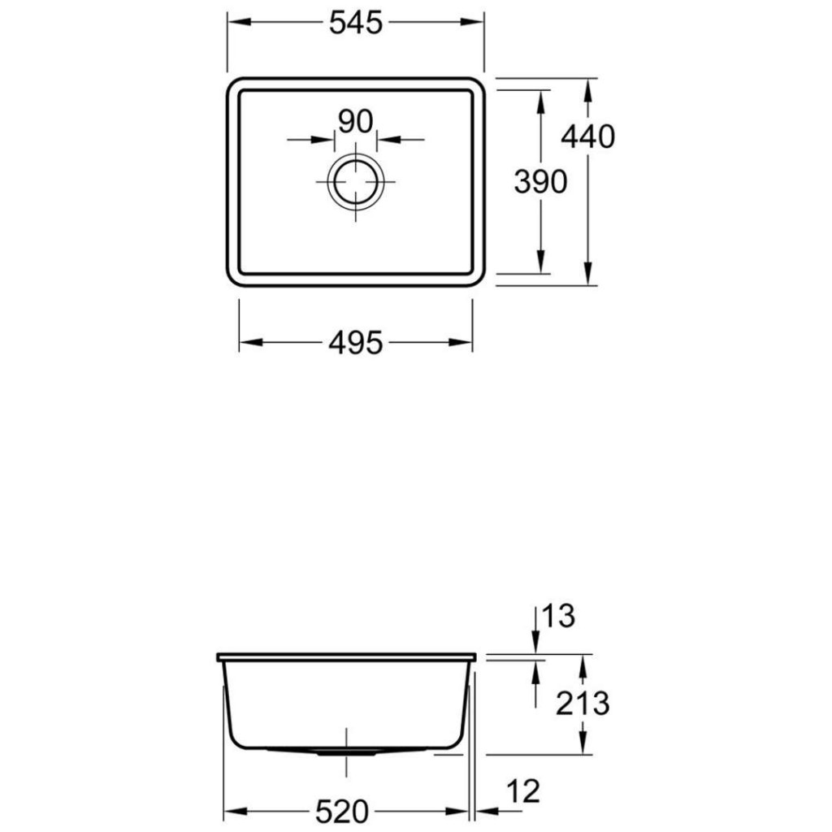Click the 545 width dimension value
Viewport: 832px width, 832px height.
(356, 24)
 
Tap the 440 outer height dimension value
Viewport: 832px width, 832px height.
(588, 136)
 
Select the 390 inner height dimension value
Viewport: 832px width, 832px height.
(540, 182)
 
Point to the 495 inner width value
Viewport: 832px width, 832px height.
(356, 343)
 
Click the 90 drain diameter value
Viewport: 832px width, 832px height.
(356, 122)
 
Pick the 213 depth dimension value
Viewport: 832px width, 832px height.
(583, 704)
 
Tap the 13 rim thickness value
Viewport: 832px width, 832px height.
(558, 616)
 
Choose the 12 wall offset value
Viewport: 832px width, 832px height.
(523, 791)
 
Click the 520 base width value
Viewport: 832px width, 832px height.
(342, 812)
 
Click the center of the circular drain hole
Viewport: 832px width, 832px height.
(356, 182)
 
